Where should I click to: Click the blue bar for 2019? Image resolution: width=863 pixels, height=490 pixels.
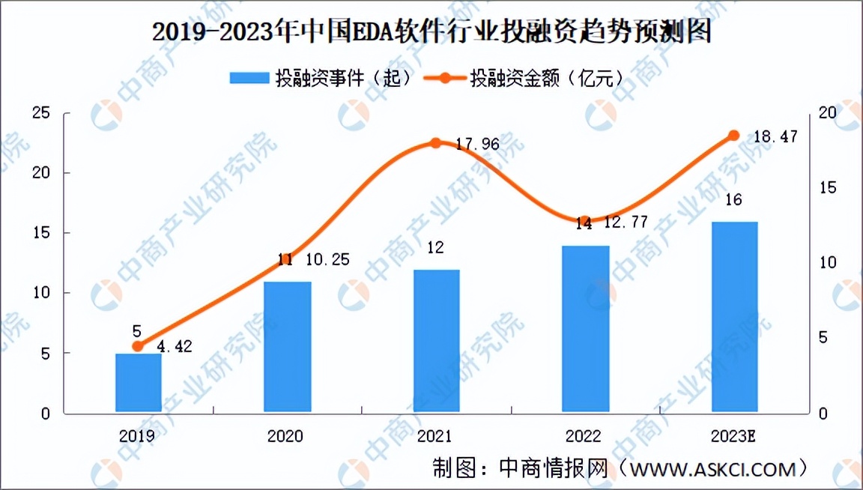(138, 383)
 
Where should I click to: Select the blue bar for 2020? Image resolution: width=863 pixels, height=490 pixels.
(287, 347)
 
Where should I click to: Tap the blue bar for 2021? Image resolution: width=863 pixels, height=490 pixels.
(436, 341)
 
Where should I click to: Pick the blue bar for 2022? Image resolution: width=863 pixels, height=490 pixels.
(585, 329)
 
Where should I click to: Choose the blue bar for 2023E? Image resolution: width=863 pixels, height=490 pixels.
(734, 317)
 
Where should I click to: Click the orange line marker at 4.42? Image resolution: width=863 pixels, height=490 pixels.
(138, 346)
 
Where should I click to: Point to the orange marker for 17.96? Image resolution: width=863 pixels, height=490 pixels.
(436, 142)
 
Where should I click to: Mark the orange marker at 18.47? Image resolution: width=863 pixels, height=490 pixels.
(734, 135)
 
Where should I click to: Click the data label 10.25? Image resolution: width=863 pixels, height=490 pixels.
(327, 261)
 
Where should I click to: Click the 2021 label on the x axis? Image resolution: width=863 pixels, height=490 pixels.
(436, 436)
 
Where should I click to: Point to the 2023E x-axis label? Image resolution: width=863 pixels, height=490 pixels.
(734, 436)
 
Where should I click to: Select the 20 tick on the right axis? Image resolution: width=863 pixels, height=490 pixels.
(827, 113)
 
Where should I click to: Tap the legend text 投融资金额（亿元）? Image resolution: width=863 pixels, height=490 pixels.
(546, 79)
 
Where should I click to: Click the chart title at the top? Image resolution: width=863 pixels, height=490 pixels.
(431, 32)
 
